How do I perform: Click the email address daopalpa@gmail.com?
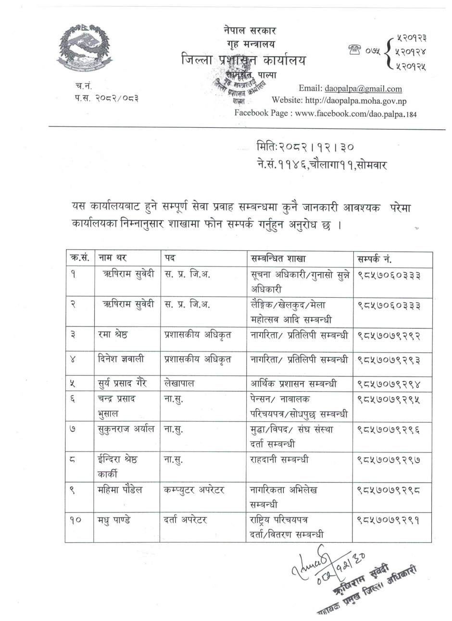tap(370, 88)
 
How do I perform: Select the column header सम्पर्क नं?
tap(375, 259)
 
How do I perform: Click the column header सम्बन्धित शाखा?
tap(278, 259)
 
